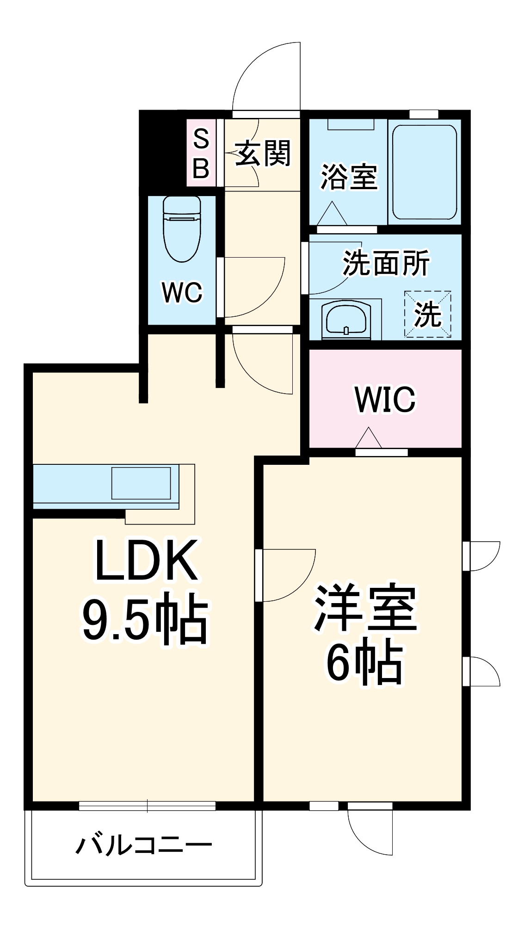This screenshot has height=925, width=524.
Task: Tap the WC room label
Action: (182, 293)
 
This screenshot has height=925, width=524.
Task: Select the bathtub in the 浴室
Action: (424, 172)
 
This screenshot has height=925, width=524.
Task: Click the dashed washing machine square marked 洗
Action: (427, 314)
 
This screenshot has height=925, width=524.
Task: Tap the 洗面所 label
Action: (386, 263)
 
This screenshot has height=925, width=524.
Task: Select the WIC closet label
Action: (385, 399)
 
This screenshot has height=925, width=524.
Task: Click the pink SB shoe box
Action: (201, 153)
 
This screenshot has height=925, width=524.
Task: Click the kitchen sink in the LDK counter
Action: (141, 483)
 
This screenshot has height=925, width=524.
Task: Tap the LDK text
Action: (145, 561)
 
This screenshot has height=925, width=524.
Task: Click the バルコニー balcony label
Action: (143, 846)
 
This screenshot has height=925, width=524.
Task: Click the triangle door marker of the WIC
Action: (369, 438)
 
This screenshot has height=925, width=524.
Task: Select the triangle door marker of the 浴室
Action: (332, 214)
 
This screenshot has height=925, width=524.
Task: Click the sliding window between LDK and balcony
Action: (147, 806)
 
